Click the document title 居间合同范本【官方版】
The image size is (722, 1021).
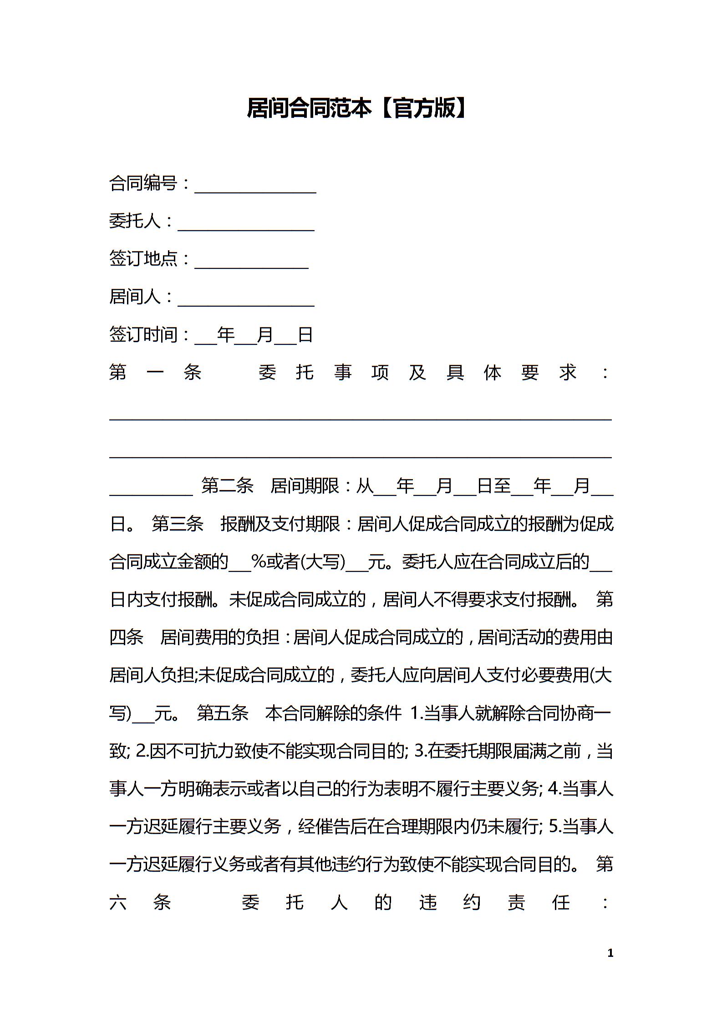click(x=357, y=108)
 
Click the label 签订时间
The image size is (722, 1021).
click(x=143, y=335)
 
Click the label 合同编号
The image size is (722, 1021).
click(x=143, y=183)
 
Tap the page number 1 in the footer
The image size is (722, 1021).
click(x=610, y=952)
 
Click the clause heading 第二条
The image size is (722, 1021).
click(x=227, y=486)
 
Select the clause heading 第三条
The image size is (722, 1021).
click(x=178, y=524)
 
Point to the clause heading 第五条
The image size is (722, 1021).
click(x=223, y=713)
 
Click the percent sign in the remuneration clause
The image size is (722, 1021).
click(x=259, y=562)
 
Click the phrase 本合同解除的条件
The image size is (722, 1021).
click(x=334, y=713)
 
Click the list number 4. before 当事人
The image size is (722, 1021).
click(x=555, y=788)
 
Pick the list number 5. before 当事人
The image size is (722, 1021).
click(x=555, y=826)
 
